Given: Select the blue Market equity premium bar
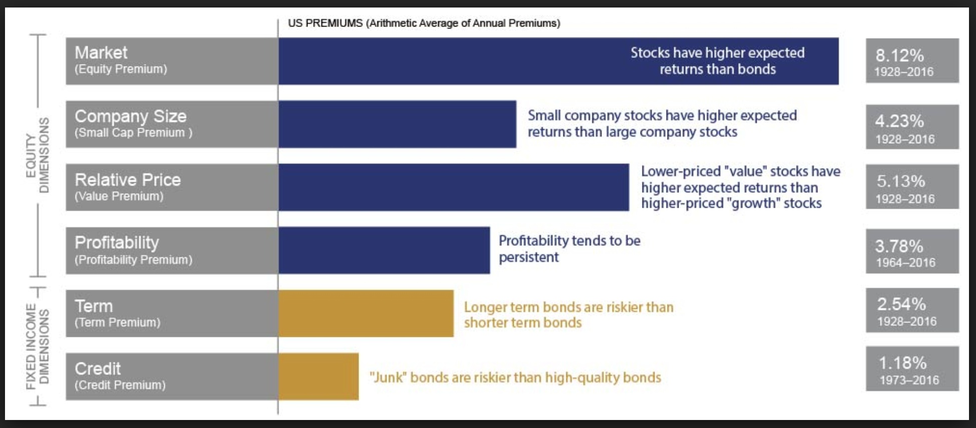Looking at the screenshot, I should point(451,61).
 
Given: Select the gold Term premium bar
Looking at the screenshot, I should point(366,313).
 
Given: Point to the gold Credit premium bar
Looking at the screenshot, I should point(318,376).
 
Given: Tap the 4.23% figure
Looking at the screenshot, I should point(899,121).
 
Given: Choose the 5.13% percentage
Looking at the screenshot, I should point(900,181).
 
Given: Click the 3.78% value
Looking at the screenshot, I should point(899,246).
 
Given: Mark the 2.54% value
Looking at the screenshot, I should point(901,304).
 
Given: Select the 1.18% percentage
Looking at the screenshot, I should point(902,363).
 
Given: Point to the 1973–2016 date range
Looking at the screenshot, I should point(909,380).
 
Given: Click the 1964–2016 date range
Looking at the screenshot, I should point(905,263).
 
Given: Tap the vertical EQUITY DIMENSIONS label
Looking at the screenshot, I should point(38,155).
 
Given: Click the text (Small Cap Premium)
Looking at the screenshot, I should point(133,133).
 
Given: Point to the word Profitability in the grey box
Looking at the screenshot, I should point(117,243).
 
